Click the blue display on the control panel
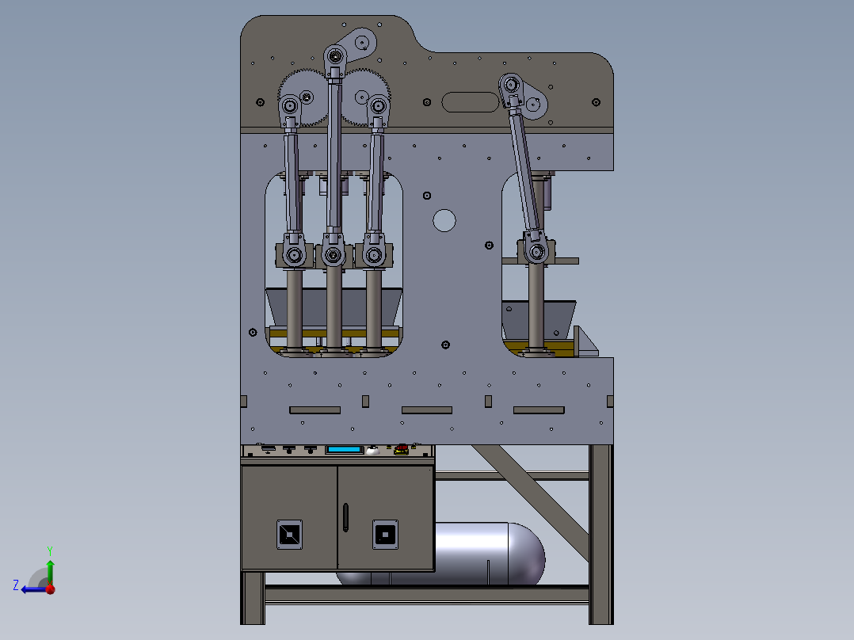coord(344,450)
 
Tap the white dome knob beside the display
coord(372,450)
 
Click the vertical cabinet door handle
coord(345,517)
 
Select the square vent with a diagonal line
coord(289,535)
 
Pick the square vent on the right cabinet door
coord(385,535)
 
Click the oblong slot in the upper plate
coord(470,102)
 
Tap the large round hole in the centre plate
coord(444,221)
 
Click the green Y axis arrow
coord(50,566)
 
